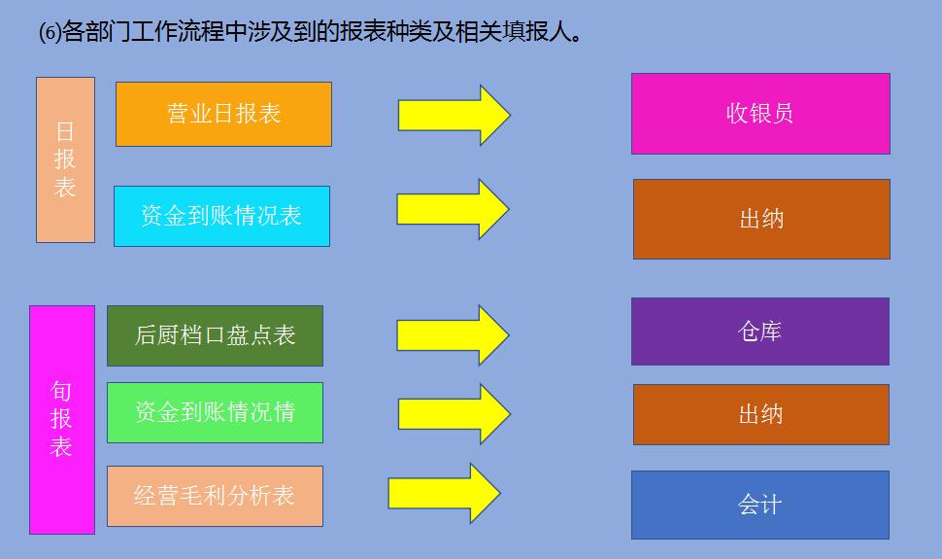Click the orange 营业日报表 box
click(223, 114)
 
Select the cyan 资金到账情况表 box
click(221, 216)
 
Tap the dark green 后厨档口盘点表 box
click(215, 335)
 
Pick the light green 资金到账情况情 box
click(215, 412)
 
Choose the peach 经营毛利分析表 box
click(215, 496)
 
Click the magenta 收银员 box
click(760, 114)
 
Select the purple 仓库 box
click(760, 332)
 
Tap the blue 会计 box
click(760, 505)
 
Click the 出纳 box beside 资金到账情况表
click(761, 219)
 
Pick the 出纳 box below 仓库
click(761, 414)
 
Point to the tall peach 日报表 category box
click(65, 159)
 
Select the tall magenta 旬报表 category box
click(62, 419)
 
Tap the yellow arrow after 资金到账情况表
click(453, 209)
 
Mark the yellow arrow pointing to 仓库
click(453, 334)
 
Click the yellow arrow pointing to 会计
click(444, 493)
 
